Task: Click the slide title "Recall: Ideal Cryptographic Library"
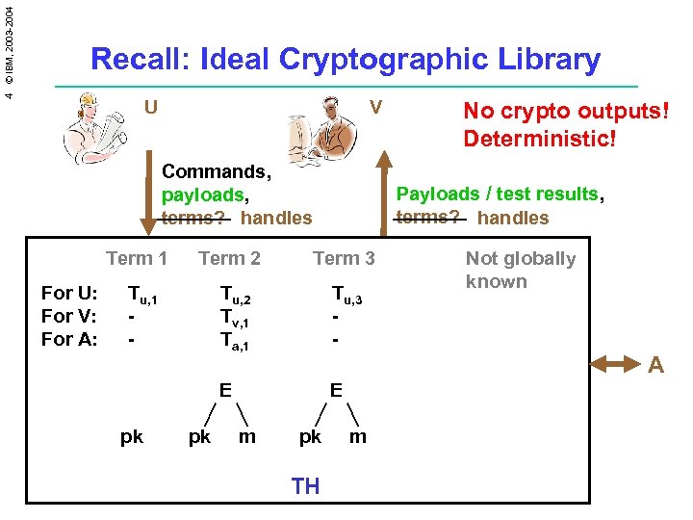pyautogui.click(x=345, y=60)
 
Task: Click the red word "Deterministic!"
pyautogui.click(x=539, y=139)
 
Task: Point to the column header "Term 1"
pyautogui.click(x=137, y=258)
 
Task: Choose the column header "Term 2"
pyautogui.click(x=229, y=258)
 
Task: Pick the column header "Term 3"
pyautogui.click(x=344, y=258)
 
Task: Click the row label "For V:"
pyautogui.click(x=69, y=316)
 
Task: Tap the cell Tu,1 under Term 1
pyautogui.click(x=143, y=294)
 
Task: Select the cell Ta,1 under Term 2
pyautogui.click(x=234, y=341)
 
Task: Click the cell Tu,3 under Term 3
pyautogui.click(x=347, y=294)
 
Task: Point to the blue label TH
pyautogui.click(x=305, y=486)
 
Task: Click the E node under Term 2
pyautogui.click(x=224, y=390)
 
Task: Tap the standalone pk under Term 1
pyautogui.click(x=132, y=436)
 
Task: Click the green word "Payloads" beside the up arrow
pyautogui.click(x=434, y=194)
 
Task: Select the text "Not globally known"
pyautogui.click(x=520, y=270)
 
